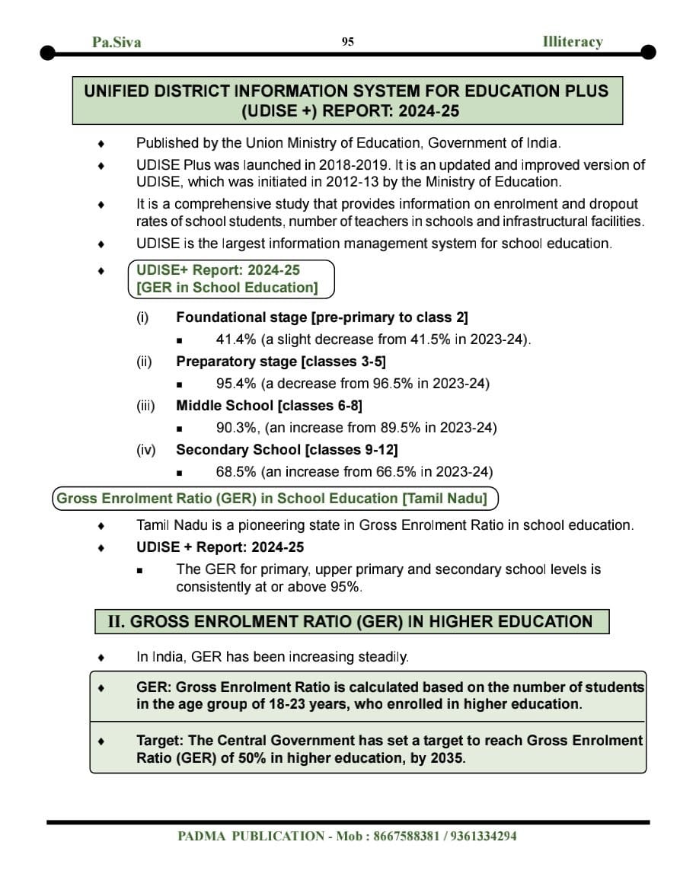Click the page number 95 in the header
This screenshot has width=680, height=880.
pyautogui.click(x=347, y=42)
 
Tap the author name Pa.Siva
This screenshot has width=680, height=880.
pyautogui.click(x=117, y=42)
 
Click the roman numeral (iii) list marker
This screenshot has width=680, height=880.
pyautogui.click(x=145, y=406)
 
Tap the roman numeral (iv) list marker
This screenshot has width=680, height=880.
pyautogui.click(x=145, y=450)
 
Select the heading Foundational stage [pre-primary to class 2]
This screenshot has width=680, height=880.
pyautogui.click(x=321, y=317)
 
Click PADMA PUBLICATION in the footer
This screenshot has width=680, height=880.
pyautogui.click(x=251, y=836)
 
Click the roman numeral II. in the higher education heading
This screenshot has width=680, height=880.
pyautogui.click(x=116, y=622)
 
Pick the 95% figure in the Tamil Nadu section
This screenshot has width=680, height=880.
pyautogui.click(x=344, y=588)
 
